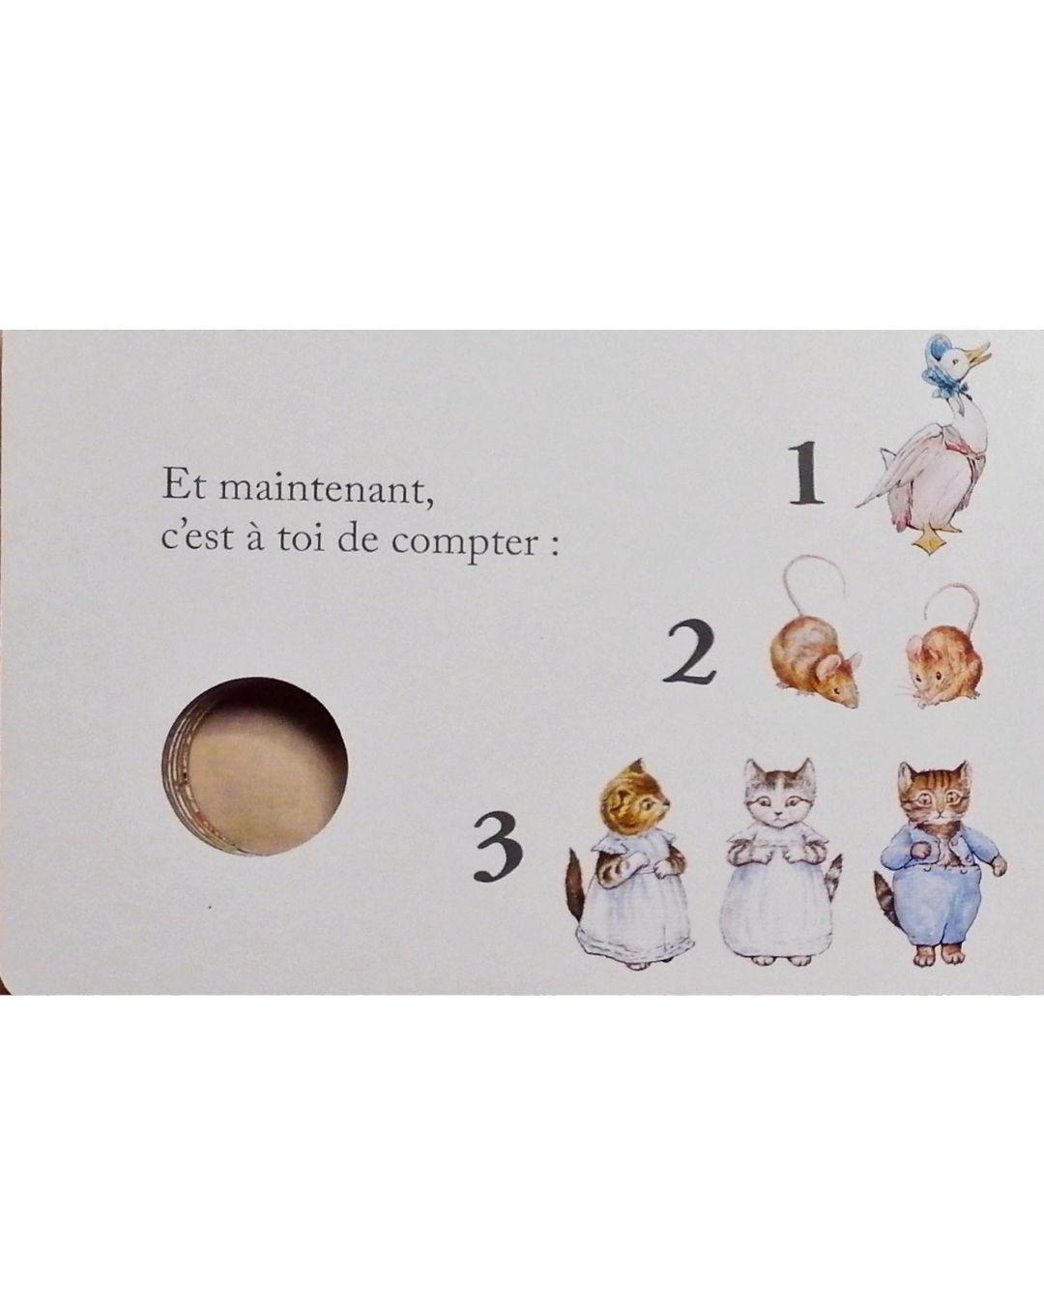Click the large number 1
(x=806, y=473)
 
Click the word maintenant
(x=327, y=489)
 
